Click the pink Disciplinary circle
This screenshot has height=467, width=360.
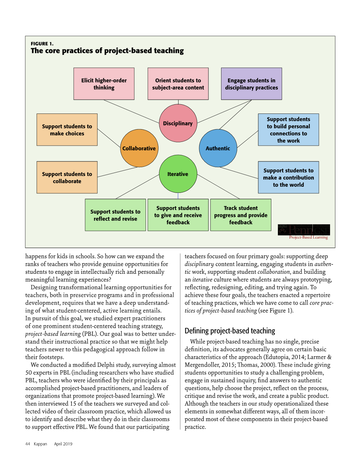coord(178,123)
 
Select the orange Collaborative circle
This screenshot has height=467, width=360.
coord(139,148)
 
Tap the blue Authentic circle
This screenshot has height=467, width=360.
coord(218,148)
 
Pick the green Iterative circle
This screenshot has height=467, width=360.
coord(178,174)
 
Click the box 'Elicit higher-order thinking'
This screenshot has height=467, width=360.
coord(104,84)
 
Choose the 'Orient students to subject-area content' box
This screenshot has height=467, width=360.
coord(178,84)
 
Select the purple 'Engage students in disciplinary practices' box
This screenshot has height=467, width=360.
coord(251,84)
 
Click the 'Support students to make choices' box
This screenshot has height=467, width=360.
coord(67,130)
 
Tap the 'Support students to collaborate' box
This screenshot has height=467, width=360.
coord(67,177)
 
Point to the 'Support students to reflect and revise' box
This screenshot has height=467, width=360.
coord(115,215)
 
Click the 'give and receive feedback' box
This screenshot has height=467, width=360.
coord(178,215)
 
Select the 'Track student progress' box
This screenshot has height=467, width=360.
coord(241,215)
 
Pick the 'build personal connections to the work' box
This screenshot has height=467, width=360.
coord(288,130)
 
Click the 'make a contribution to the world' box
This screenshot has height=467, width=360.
coord(288,177)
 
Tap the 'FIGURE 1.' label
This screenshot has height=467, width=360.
coord(42,44)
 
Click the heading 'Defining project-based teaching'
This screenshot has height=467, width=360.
coord(230,331)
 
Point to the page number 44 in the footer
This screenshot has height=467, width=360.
coord(28,444)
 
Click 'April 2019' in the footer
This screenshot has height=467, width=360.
coord(63,444)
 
